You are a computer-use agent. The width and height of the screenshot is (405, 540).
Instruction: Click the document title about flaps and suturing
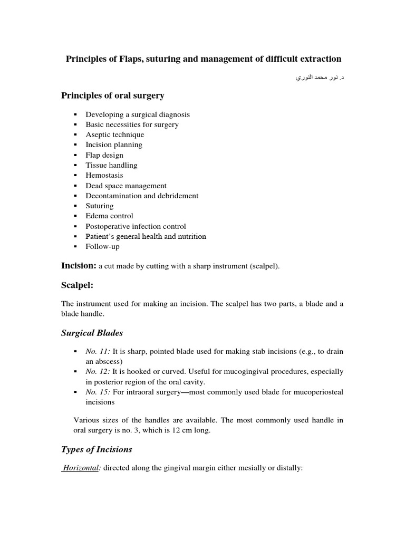point(204,59)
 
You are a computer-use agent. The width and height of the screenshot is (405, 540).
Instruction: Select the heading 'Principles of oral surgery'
point(113,95)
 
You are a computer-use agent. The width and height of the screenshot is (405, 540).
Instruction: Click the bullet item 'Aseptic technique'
point(114,134)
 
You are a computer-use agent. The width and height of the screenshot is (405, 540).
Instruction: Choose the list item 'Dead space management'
point(126,186)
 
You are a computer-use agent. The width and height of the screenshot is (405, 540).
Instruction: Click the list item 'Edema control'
point(109,216)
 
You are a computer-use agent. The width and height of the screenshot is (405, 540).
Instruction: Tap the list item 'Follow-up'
point(102,246)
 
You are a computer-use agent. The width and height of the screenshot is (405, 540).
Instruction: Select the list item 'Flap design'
point(104,155)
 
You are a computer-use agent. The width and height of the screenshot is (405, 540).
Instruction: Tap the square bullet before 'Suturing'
point(75,206)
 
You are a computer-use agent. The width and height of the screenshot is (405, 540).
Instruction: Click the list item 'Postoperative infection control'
point(136,226)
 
